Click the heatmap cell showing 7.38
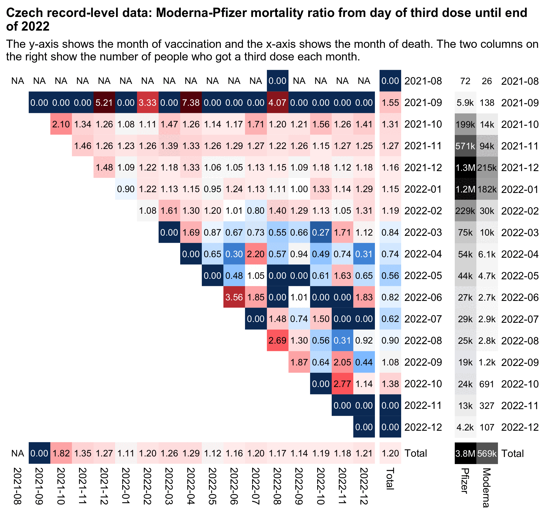tap(191, 103)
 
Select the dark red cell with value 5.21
tap(104, 103)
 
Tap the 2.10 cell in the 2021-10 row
tap(61, 125)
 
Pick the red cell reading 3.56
tap(234, 298)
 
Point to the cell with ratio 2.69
tap(278, 341)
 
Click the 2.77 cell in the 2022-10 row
tap(342, 384)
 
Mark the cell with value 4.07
tap(278, 103)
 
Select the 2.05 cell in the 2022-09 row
tap(342, 362)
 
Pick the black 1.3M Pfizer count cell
tap(465, 168)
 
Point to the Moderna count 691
tap(487, 384)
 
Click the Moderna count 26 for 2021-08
tap(487, 81)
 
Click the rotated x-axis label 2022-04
tap(191, 486)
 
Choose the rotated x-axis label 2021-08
tap(18, 486)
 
